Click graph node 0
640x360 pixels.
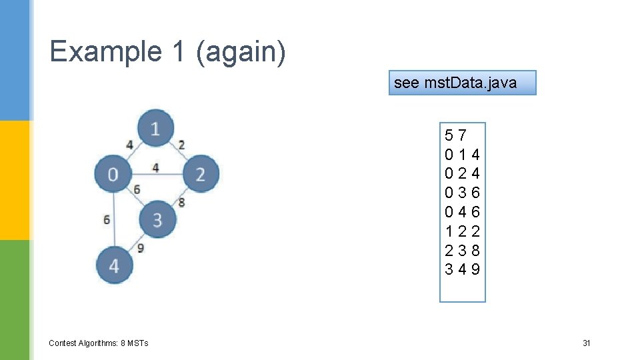[113, 174]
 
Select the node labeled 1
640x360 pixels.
[155, 127]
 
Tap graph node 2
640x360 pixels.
[200, 174]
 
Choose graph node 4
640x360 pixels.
[115, 265]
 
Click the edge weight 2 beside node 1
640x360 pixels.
[181, 145]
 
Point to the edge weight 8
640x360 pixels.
[181, 202]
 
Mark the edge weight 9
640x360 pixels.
[140, 248]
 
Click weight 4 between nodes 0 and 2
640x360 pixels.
[155, 167]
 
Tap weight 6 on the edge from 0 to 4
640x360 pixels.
[107, 219]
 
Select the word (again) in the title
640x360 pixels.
[241, 51]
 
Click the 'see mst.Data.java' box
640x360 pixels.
[462, 83]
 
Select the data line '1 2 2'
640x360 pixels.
[462, 231]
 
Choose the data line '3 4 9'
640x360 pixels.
[462, 269]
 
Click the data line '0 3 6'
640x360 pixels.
[462, 193]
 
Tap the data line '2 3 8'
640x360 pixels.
[462, 251]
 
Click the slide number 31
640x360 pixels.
[587, 343]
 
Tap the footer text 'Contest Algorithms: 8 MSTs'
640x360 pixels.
[99, 343]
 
